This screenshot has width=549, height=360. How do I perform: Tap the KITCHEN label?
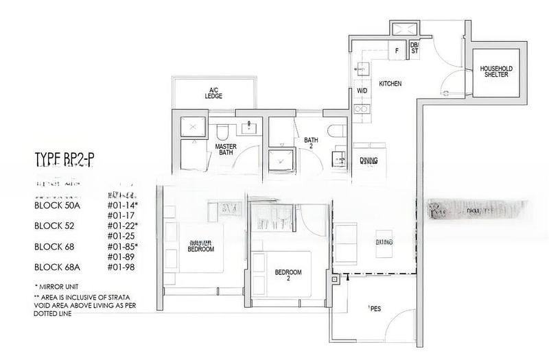pyautogui.click(x=389, y=84)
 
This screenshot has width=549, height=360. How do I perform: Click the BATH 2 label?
pyautogui.click(x=311, y=143)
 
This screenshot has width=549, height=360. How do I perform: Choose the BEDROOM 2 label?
pyautogui.click(x=288, y=276)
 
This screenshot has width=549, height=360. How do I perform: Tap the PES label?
pyautogui.click(x=374, y=309)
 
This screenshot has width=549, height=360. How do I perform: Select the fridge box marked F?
pyautogui.click(x=397, y=49)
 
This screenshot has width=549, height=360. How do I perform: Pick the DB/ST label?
pyautogui.click(x=414, y=48)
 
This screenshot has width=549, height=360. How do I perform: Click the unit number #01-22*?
pyautogui.click(x=121, y=226)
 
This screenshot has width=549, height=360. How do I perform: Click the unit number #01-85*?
pyautogui.click(x=121, y=246)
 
